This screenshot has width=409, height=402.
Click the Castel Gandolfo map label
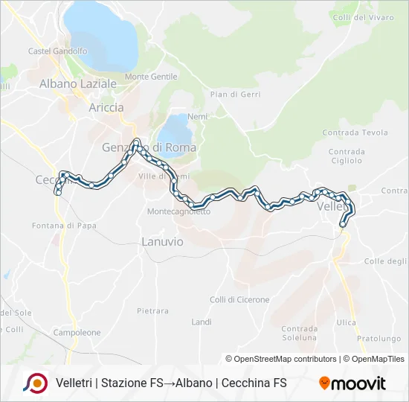pyautogui.click(x=57, y=51)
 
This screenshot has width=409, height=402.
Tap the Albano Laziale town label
pyautogui.click(x=78, y=84)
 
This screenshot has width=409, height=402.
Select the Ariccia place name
pyautogui.click(x=106, y=107)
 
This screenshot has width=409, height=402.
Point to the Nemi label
pyautogui.click(x=197, y=117)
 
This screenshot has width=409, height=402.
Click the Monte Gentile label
pyautogui.click(x=151, y=77)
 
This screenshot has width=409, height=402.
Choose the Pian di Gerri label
pyautogui.click(x=234, y=95)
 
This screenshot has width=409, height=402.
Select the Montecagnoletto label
pyautogui.click(x=178, y=211)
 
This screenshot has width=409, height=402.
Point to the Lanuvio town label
pyautogui.click(x=162, y=241)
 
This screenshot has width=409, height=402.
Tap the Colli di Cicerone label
pyautogui.click(x=239, y=299)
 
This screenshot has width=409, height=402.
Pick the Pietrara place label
pyautogui.click(x=152, y=310)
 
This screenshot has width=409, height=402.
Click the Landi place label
pyautogui.click(x=202, y=322)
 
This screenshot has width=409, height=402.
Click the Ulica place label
pyautogui.click(x=346, y=322)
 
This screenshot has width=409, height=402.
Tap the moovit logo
pyautogui.click(x=352, y=383)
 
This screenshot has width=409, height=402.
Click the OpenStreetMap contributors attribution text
pyautogui.click(x=286, y=359)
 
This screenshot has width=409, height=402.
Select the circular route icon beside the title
pyautogui.click(x=34, y=383)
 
